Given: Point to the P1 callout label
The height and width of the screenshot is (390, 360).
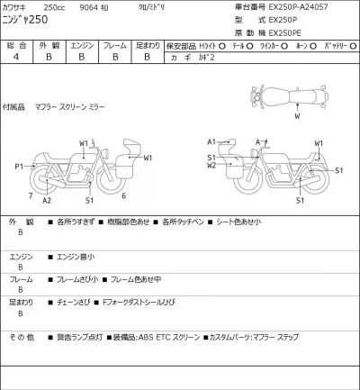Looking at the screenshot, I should click(x=19, y=167).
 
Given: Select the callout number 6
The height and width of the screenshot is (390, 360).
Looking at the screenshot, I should click(x=123, y=195).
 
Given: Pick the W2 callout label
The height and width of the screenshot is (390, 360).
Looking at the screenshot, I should click(x=211, y=166).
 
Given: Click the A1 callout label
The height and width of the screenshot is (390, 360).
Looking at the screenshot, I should click(x=211, y=141).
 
